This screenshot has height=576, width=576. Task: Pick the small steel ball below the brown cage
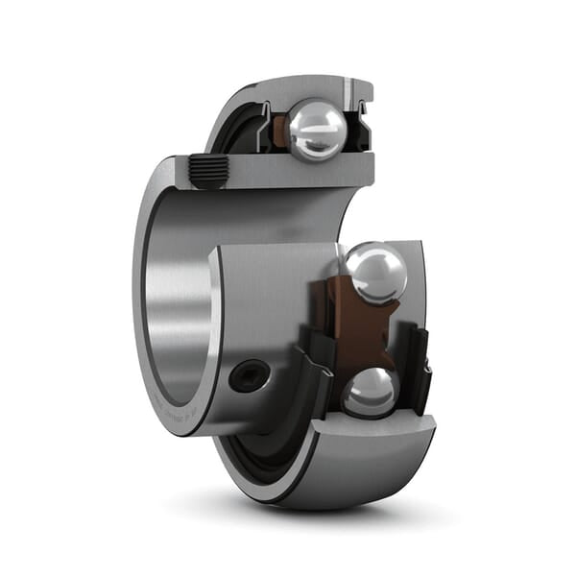coord(370,392)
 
